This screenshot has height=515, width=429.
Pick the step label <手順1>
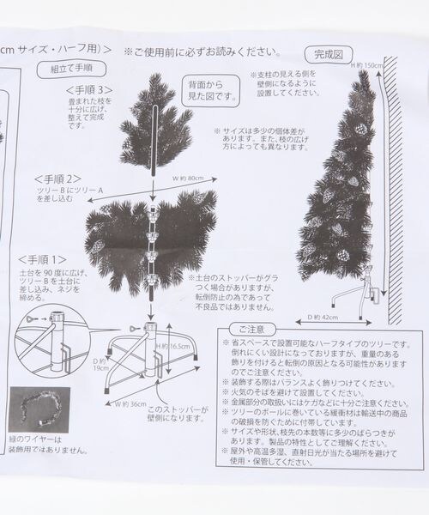pos(39,258)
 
